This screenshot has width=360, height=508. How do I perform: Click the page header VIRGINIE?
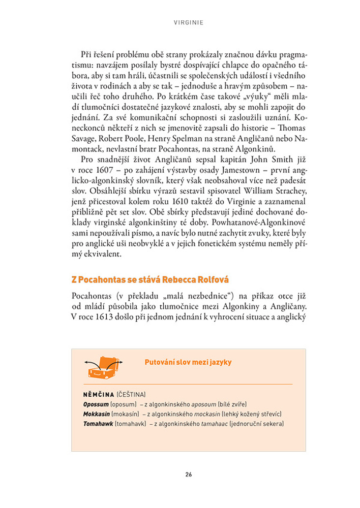click(189, 23)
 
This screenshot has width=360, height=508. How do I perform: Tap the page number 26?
click(188, 474)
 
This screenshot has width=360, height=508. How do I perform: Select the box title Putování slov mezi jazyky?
click(188, 362)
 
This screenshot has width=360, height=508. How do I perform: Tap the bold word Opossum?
click(96, 404)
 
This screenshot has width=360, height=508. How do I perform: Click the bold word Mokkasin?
click(97, 414)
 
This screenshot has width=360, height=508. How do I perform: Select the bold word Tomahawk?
click(98, 424)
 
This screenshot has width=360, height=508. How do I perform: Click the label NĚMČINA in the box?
click(99, 394)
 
